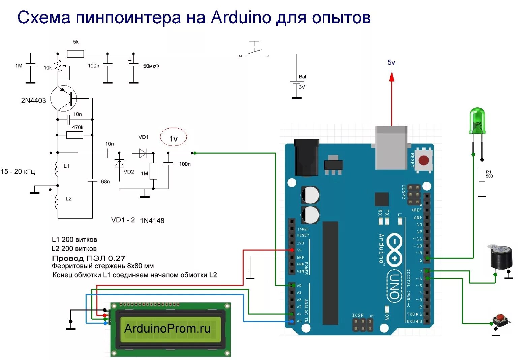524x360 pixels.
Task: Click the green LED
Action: click(477, 120)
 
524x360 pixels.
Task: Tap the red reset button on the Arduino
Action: click(424, 160)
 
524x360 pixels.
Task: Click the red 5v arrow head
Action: click(392, 77)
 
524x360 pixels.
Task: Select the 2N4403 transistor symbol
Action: click(64, 99)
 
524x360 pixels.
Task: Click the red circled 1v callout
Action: click(173, 138)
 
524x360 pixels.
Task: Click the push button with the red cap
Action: click(500, 320)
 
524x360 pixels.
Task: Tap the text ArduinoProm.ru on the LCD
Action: click(167, 328)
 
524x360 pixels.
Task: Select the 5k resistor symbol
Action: click(75, 54)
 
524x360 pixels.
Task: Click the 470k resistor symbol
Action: click(74, 135)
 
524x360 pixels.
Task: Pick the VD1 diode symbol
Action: click(143, 153)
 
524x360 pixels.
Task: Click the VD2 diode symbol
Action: click(119, 163)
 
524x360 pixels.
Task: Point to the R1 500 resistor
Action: click(482, 174)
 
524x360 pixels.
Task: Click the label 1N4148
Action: click(152, 221)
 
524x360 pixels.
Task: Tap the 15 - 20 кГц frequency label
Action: click(18, 171)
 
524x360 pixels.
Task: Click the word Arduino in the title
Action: click(241, 18)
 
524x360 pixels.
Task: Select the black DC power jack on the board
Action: click(306, 157)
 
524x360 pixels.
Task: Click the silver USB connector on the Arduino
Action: click(391, 148)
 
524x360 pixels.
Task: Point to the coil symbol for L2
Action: click(56, 201)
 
